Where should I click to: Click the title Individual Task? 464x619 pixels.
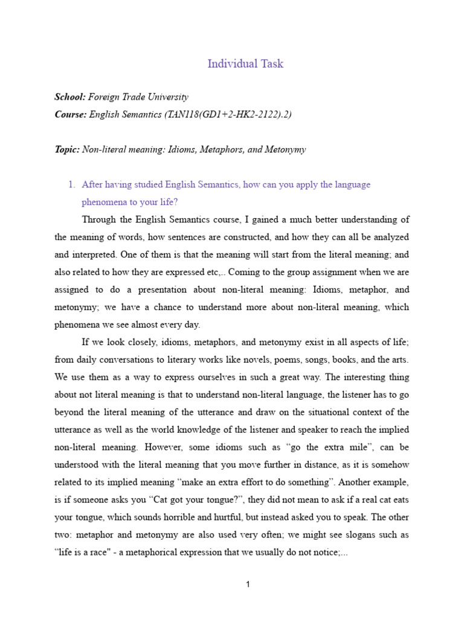click(245, 63)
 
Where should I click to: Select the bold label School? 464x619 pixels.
click(70, 97)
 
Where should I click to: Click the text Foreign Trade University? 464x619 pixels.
click(138, 97)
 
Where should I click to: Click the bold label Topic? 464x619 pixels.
click(67, 149)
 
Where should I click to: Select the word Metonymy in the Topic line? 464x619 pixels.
click(285, 149)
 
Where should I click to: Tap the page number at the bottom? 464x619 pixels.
click(248, 584)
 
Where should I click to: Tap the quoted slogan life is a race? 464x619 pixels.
click(89, 553)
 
